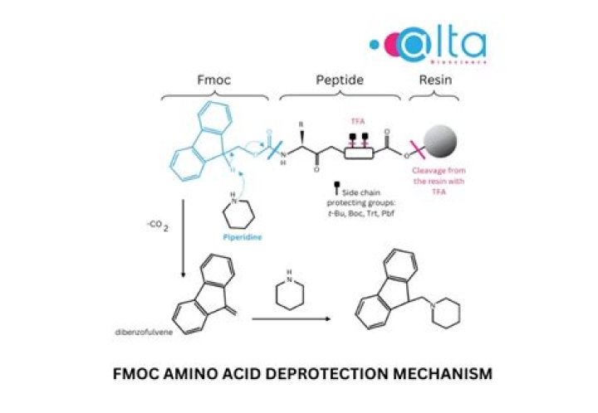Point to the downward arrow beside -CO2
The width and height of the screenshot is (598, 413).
coord(183,249)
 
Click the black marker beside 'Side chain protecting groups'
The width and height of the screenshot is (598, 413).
coord(336,190)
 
